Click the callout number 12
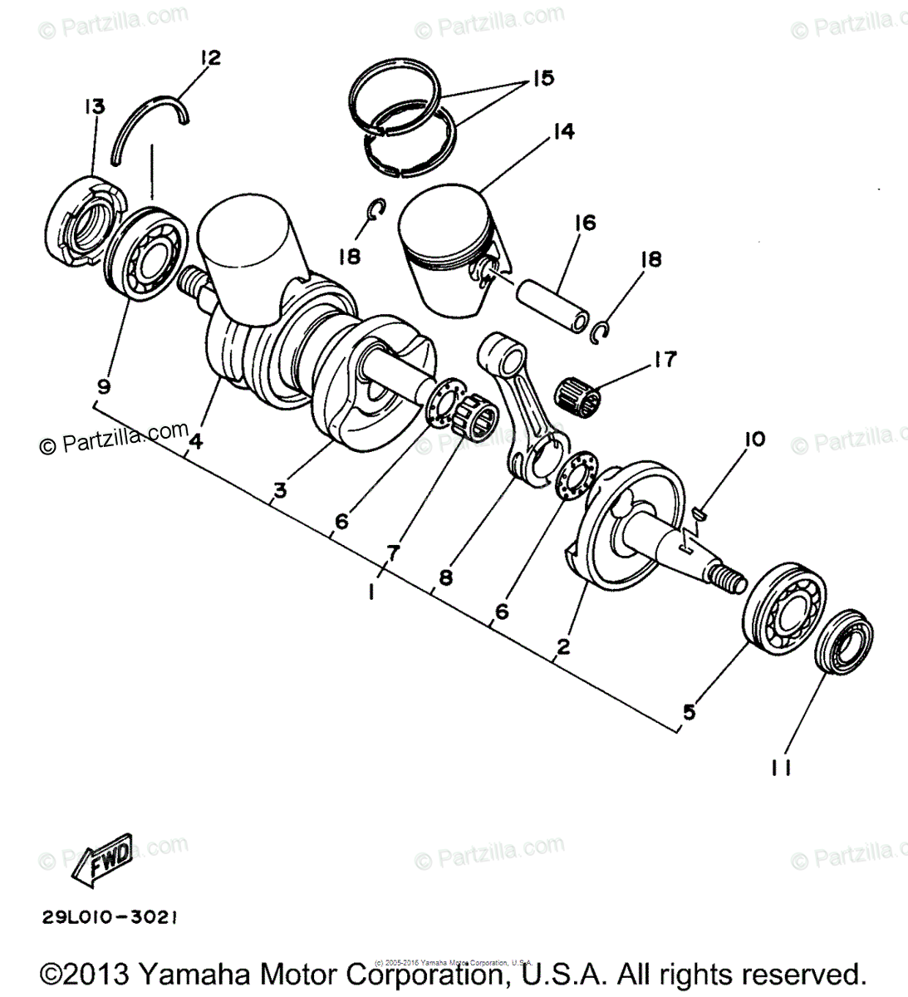210,57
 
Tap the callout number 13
93,106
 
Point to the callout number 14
562,131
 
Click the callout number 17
665,359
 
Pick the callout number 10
754,439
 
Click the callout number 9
103,386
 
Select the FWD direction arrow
101,857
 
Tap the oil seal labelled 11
841,641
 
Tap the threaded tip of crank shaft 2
730,579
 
